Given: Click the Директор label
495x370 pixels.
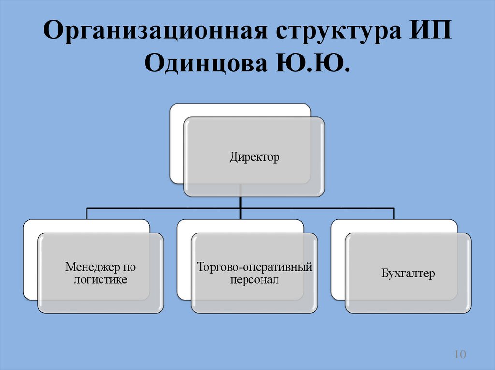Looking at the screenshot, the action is click(254, 157).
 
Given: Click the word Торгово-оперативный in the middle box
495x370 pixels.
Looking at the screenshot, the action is click(254, 267).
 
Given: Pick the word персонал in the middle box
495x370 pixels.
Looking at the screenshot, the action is click(254, 279).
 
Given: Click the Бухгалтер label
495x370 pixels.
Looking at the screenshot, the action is click(408, 274).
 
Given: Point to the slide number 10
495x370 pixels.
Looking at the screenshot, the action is click(459, 355).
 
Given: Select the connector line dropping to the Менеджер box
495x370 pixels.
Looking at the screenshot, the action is click(87, 214).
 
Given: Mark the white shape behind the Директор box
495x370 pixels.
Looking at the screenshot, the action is click(176, 145).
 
